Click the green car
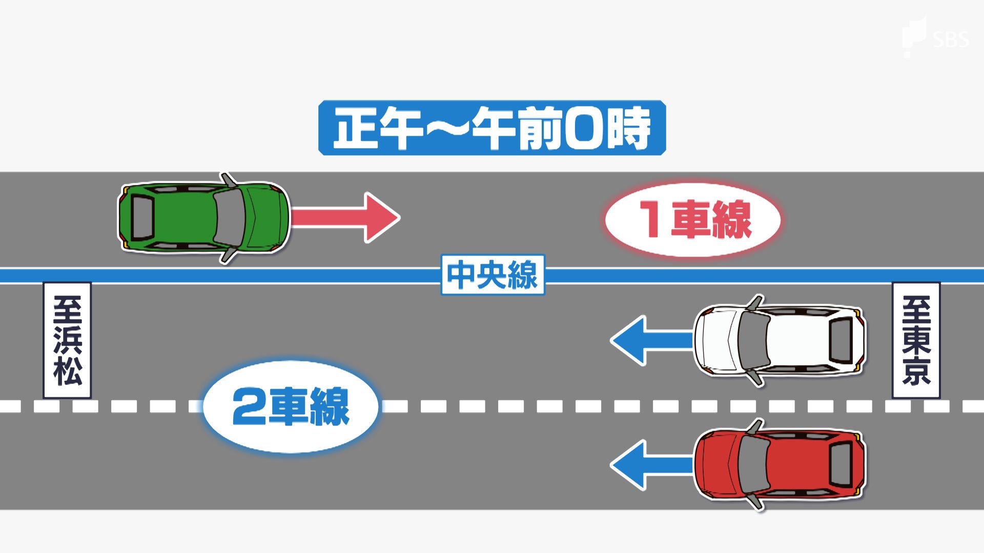(204, 218)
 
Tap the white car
(779, 339)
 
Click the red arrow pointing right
(344, 218)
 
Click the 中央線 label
(493, 275)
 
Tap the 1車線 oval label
(693, 219)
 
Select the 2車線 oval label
(291, 407)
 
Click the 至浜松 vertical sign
(67, 340)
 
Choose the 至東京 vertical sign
(916, 340)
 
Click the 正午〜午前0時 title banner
(492, 127)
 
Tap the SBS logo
(936, 37)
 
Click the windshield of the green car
(230, 218)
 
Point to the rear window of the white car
(840, 339)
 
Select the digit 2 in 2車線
(248, 407)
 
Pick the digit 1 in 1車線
(651, 219)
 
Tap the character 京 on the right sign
(916, 371)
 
